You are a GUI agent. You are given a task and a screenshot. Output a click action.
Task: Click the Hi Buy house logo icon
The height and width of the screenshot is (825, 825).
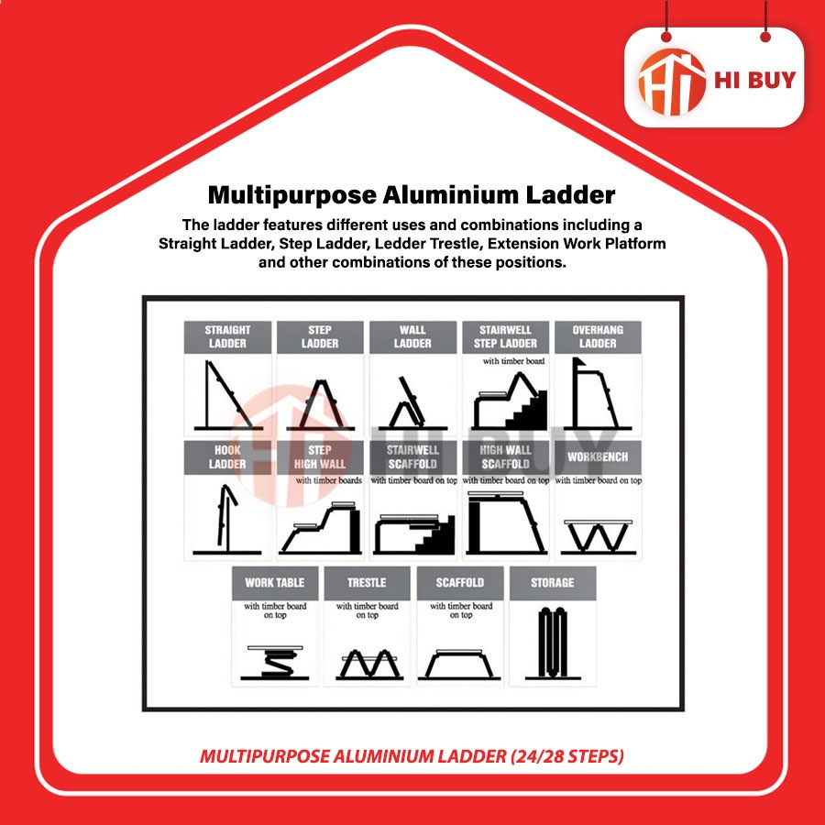[x=671, y=82]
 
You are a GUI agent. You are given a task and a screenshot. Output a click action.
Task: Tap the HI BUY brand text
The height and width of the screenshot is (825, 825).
[x=754, y=80]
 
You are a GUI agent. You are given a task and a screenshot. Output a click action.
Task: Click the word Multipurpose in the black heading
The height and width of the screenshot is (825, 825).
[x=292, y=195]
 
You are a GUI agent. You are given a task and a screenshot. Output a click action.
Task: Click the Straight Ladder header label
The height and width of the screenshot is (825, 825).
[x=227, y=336]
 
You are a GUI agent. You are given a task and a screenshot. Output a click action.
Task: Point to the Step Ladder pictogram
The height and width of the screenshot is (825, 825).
[x=320, y=404]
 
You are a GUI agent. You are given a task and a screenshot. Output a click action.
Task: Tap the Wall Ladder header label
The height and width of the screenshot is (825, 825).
[x=412, y=336]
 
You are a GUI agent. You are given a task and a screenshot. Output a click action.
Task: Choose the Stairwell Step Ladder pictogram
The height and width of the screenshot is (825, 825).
[x=510, y=401]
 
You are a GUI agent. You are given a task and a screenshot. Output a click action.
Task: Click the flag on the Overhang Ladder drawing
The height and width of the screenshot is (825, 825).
[x=578, y=363]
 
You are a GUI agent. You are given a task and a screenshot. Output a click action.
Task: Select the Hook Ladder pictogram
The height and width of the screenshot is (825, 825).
[x=226, y=521]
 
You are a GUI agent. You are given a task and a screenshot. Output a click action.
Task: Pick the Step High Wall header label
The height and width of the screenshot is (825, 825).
[x=320, y=457]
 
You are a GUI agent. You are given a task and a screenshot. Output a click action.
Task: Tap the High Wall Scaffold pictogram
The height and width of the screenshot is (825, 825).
[x=506, y=522]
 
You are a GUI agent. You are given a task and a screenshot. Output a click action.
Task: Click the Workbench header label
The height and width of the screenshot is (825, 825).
[x=598, y=457]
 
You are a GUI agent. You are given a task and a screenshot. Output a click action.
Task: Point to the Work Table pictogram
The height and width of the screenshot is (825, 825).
[x=275, y=663]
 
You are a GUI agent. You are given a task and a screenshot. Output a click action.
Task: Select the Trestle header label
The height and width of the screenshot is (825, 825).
[x=367, y=583]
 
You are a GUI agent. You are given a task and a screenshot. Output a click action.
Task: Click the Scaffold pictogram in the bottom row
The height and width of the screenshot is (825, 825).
[x=459, y=665]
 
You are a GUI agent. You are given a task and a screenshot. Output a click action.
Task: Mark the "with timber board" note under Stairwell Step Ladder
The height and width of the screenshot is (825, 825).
[x=513, y=361]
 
